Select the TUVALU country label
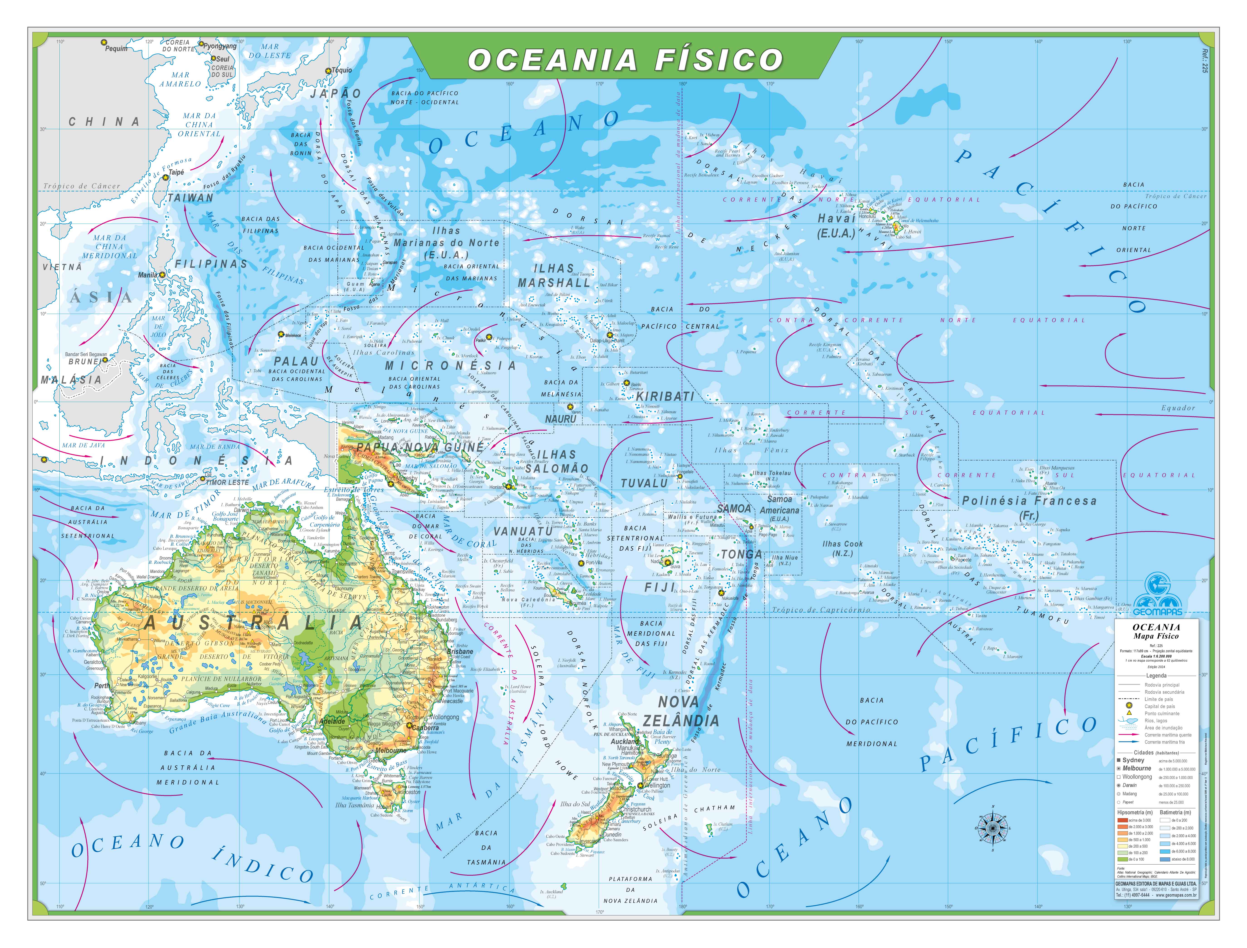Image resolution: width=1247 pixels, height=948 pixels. (x=644, y=483)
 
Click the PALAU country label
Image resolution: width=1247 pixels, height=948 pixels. (x=296, y=361)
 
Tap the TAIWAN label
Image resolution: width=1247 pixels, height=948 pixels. (x=190, y=198)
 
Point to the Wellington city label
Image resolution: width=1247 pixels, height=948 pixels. (x=658, y=785)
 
